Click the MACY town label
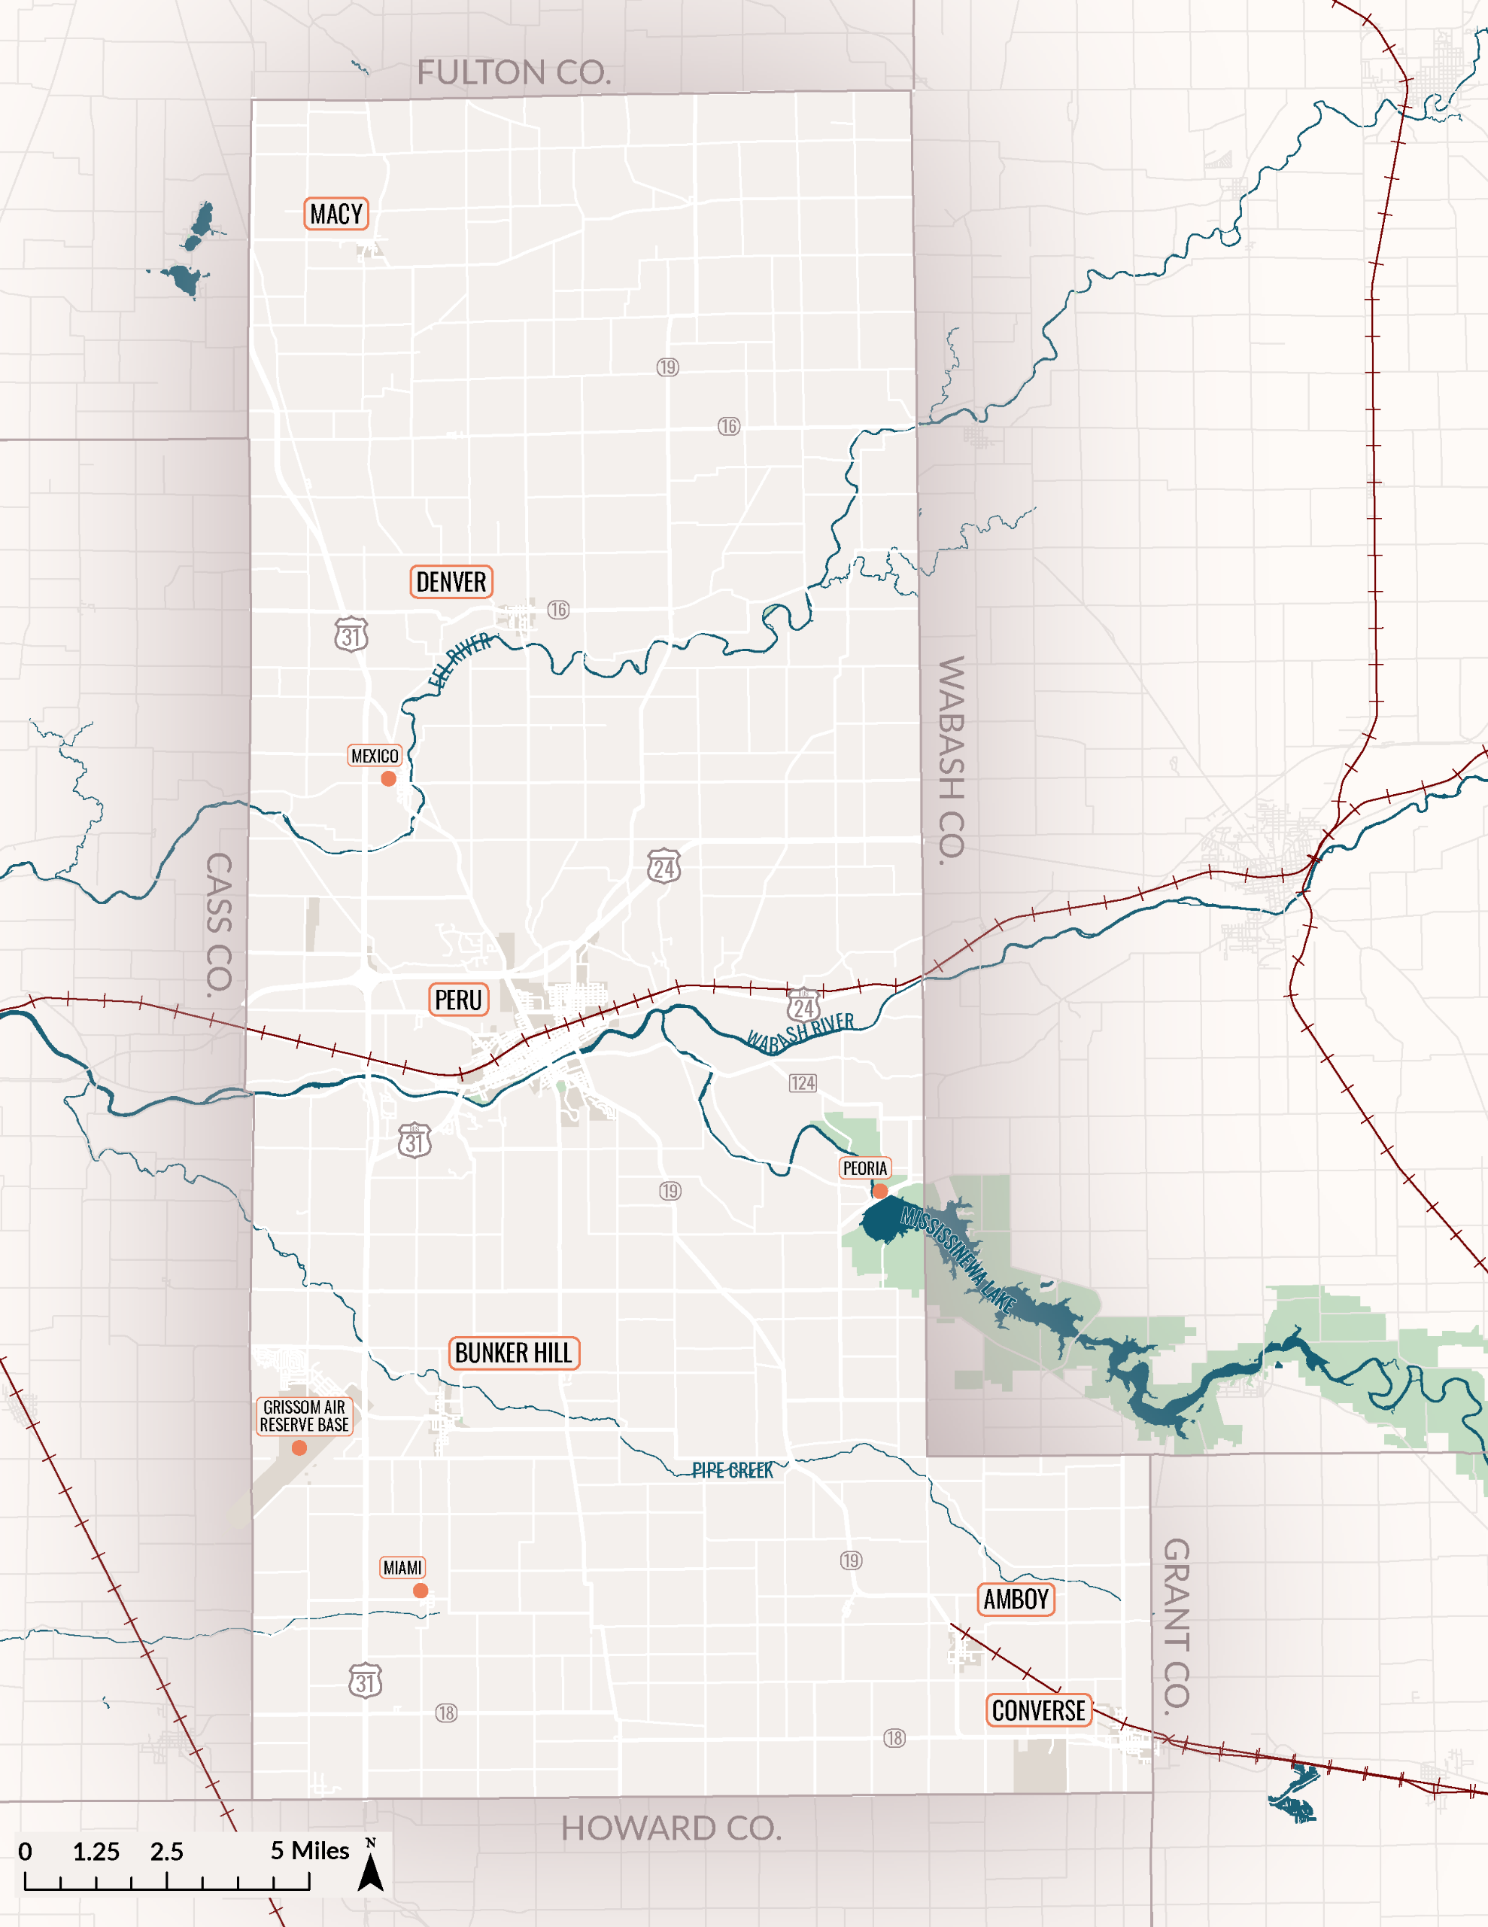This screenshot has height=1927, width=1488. click(336, 215)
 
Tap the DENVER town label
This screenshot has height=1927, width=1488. click(451, 583)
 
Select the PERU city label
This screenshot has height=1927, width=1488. click(458, 1000)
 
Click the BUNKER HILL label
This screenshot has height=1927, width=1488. click(513, 1353)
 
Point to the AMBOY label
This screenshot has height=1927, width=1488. click(1016, 1599)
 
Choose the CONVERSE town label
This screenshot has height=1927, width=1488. click(1038, 1710)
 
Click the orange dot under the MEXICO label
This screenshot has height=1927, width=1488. click(388, 778)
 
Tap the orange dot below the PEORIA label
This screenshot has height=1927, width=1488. click(879, 1191)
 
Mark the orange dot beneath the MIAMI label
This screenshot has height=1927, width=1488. click(421, 1590)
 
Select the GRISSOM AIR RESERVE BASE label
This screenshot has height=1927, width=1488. click(305, 1416)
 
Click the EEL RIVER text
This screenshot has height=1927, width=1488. click(459, 659)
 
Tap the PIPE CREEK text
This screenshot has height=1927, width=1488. click(732, 1470)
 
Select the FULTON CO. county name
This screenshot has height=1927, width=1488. click(513, 72)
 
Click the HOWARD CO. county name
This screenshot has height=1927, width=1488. click(671, 1828)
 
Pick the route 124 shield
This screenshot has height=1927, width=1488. click(803, 1082)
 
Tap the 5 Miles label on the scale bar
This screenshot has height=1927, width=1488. click(310, 1850)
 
